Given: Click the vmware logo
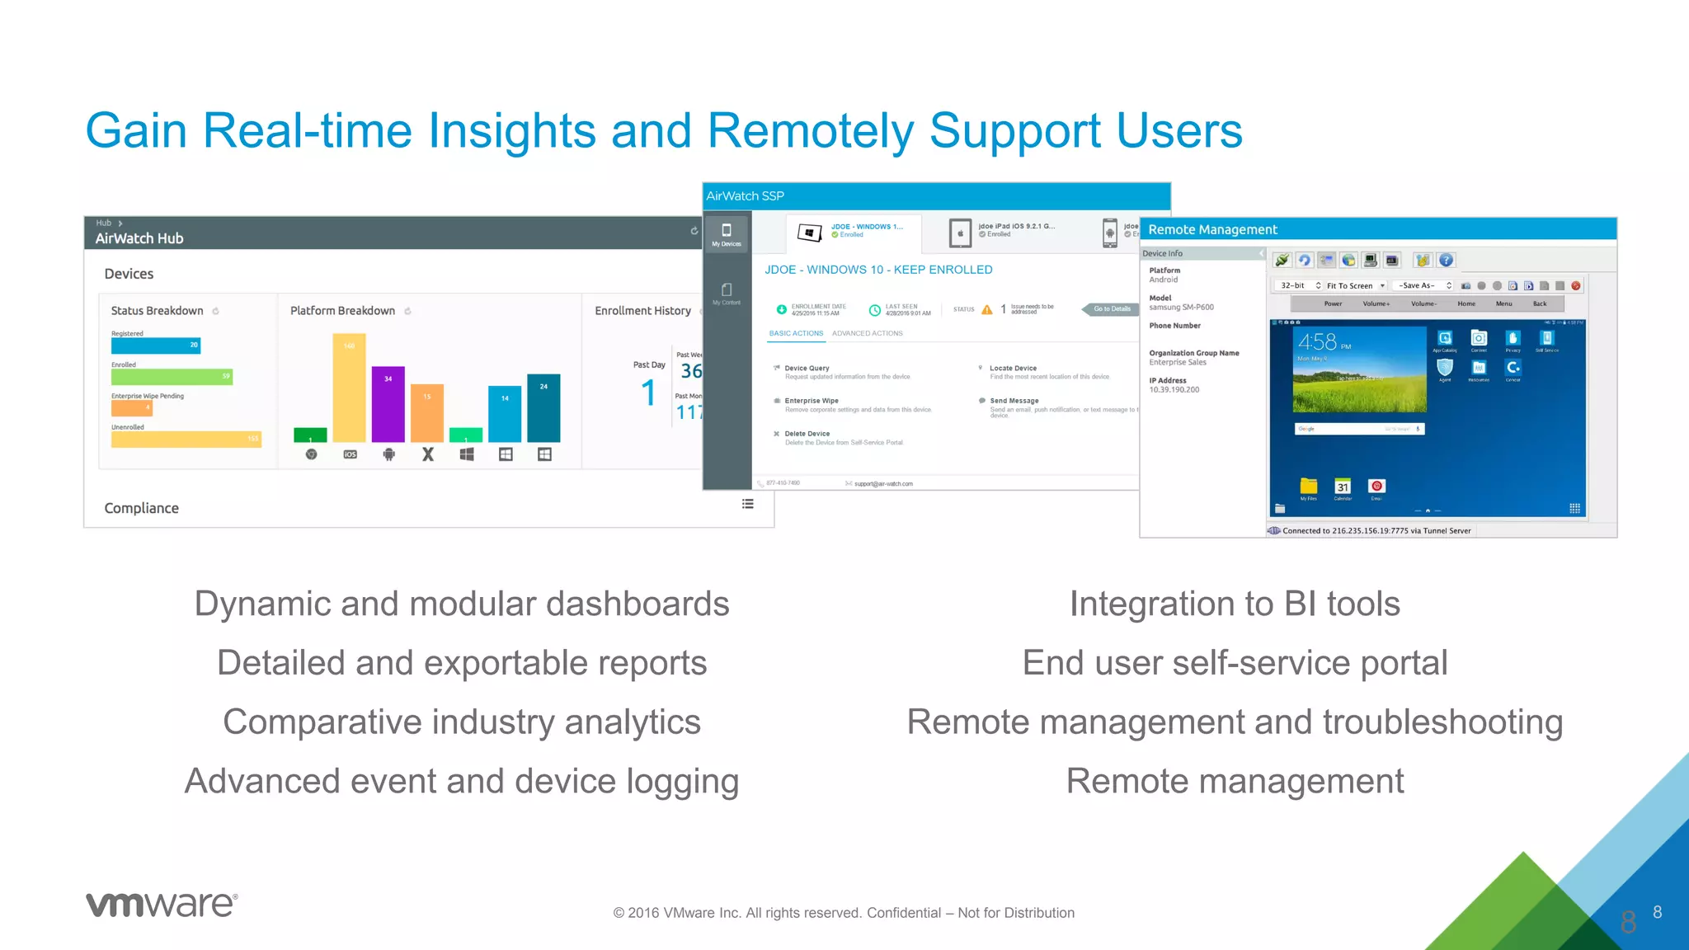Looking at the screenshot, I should click(162, 904).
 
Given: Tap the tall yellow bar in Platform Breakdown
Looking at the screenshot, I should click(349, 388).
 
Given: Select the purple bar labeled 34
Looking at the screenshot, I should click(388, 404).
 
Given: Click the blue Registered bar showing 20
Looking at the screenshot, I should click(156, 346).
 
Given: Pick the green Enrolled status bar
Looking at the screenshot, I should click(172, 377).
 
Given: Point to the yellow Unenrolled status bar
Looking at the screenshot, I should click(186, 439).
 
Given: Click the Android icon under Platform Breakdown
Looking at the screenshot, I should click(388, 454).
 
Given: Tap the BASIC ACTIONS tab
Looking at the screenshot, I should click(796, 333).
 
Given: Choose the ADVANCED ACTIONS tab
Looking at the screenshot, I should click(867, 333).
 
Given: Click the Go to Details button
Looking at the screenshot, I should click(1111, 309).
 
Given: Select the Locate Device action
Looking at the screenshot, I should click(1013, 369).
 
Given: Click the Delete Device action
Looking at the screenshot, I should click(807, 434).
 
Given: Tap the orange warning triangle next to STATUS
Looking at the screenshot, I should click(987, 309).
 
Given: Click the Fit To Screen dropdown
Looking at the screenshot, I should click(1355, 285).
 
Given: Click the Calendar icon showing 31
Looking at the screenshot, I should click(1343, 487).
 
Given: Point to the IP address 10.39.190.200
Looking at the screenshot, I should click(1174, 390).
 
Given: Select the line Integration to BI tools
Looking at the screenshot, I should click(1235, 604).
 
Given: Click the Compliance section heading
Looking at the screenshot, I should click(141, 508).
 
